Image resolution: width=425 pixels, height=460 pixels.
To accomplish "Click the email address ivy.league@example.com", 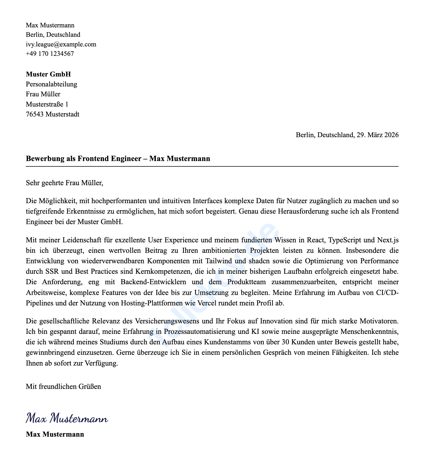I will click(x=61, y=44).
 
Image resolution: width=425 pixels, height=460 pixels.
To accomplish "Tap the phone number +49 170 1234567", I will click(x=50, y=54).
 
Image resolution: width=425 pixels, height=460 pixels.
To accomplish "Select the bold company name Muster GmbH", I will click(x=48, y=74).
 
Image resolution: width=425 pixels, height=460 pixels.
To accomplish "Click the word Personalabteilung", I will click(x=51, y=84).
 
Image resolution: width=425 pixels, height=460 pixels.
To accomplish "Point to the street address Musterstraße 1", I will click(x=47, y=104).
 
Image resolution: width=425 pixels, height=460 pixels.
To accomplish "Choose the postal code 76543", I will click(x=35, y=114).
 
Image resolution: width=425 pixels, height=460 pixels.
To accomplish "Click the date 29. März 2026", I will click(x=377, y=135).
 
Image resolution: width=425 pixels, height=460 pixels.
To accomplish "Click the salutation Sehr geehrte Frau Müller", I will click(x=64, y=183).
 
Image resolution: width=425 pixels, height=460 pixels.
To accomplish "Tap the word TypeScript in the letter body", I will click(x=345, y=240).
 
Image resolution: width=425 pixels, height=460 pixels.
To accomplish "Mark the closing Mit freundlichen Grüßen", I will click(x=63, y=387).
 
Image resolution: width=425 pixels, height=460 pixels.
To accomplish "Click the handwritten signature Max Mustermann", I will click(x=67, y=419).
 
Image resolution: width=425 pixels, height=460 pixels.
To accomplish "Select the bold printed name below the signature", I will click(x=55, y=434).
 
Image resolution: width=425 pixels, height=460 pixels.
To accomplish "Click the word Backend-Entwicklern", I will click(x=154, y=282).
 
